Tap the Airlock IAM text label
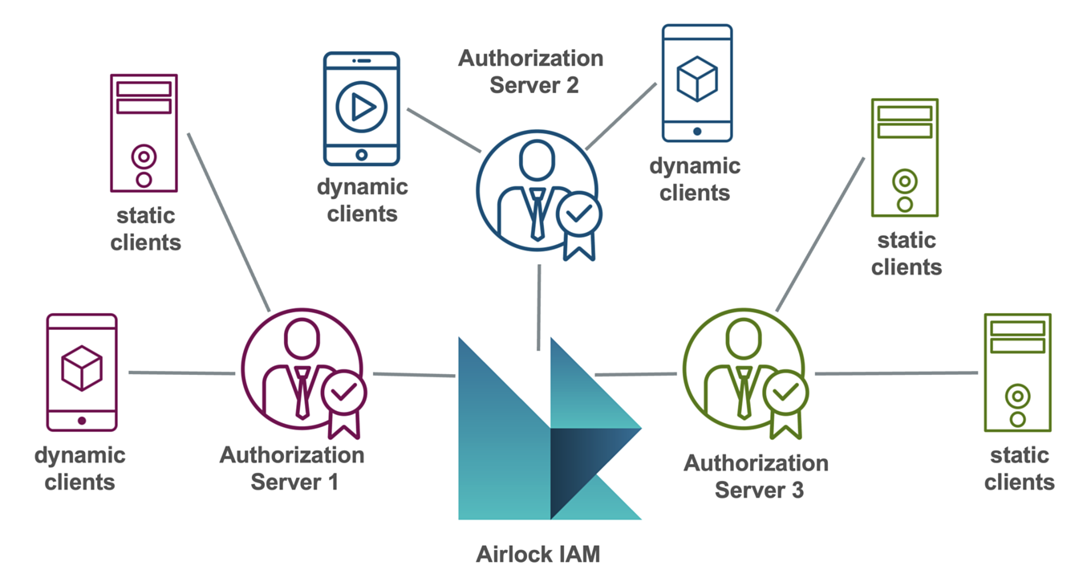537,554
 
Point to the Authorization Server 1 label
293,469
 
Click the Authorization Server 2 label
531,71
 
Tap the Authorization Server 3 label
756,477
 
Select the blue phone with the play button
361,108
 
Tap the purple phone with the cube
82,372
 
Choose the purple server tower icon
144,133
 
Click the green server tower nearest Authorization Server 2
904,157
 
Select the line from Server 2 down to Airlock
538,307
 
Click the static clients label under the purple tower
145,229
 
